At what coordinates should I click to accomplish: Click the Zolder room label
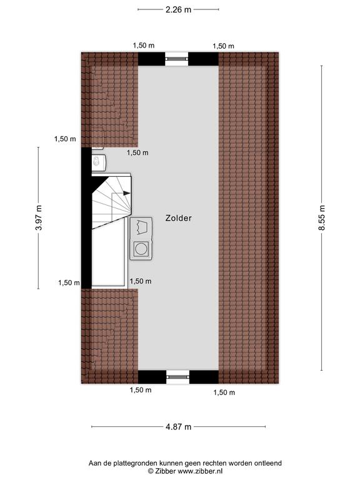pos(179,218)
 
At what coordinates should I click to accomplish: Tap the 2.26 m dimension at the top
pos(178,9)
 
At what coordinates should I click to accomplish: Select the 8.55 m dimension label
pos(322,217)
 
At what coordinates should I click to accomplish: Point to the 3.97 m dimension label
pos(39,217)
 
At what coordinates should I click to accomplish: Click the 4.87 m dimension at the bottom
pos(179,426)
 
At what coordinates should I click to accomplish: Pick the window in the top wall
pos(177,59)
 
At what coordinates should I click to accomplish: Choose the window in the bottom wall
pos(178,377)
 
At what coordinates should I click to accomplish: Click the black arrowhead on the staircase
pos(126,193)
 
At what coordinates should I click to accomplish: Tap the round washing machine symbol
pos(141,248)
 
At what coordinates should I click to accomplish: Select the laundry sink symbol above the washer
pos(141,227)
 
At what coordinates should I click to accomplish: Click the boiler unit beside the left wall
pos(99,162)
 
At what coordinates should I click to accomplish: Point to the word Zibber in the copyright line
pos(165,471)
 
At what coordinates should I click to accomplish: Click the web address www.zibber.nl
pos(200,471)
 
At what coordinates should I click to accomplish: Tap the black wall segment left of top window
pos(151,59)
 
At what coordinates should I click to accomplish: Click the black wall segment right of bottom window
pos(204,377)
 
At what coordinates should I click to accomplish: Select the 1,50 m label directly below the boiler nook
pos(137,152)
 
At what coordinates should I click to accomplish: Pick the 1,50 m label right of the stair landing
pos(141,281)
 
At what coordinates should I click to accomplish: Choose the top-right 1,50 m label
pos(224,46)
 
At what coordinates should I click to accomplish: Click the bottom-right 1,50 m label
pos(224,392)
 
